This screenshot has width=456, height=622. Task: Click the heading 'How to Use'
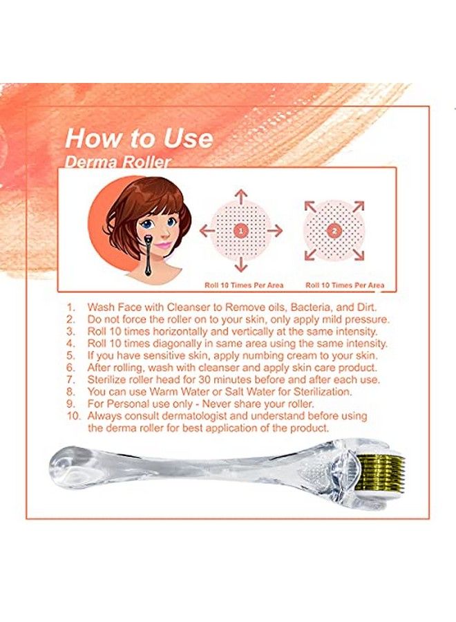point(138,138)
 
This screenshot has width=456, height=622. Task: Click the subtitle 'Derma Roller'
point(118,162)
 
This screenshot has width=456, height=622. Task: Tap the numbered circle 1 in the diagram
point(240,231)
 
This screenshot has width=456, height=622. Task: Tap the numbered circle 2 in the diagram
point(334,231)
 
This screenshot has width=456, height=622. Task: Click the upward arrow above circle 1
point(240,194)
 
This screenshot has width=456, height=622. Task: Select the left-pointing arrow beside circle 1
point(205,231)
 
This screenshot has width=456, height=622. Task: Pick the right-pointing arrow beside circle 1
point(276,231)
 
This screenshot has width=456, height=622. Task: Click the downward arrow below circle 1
point(240,265)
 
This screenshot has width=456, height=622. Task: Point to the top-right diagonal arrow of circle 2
point(359,205)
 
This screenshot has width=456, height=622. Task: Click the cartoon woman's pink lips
point(162,245)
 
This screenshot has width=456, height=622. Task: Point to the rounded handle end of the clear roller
point(66,462)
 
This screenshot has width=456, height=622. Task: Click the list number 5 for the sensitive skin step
point(69,355)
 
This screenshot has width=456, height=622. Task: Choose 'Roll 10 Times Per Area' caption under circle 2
point(345,285)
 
